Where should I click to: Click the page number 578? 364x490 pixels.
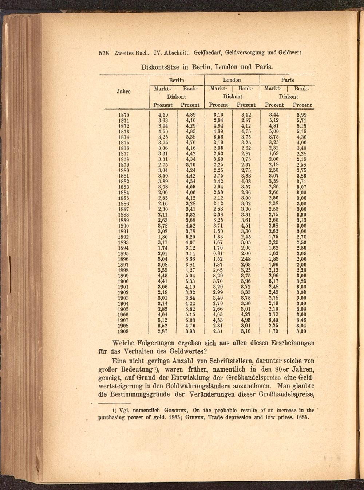104,52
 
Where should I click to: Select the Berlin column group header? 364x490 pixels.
177,80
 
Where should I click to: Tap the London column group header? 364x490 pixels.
232,80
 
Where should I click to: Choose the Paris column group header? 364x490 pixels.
287,80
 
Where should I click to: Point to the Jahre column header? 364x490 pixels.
124,92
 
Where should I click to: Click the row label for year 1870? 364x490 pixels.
124,115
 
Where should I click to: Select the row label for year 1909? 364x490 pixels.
124,331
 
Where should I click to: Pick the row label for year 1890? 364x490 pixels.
124,226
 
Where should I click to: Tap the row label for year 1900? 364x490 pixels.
124,281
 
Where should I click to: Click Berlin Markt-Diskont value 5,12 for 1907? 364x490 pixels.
162,320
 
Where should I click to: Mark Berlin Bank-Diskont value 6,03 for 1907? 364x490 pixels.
190,320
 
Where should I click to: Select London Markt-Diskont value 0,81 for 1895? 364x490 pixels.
218,254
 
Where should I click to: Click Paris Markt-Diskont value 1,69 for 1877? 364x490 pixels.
274,154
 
